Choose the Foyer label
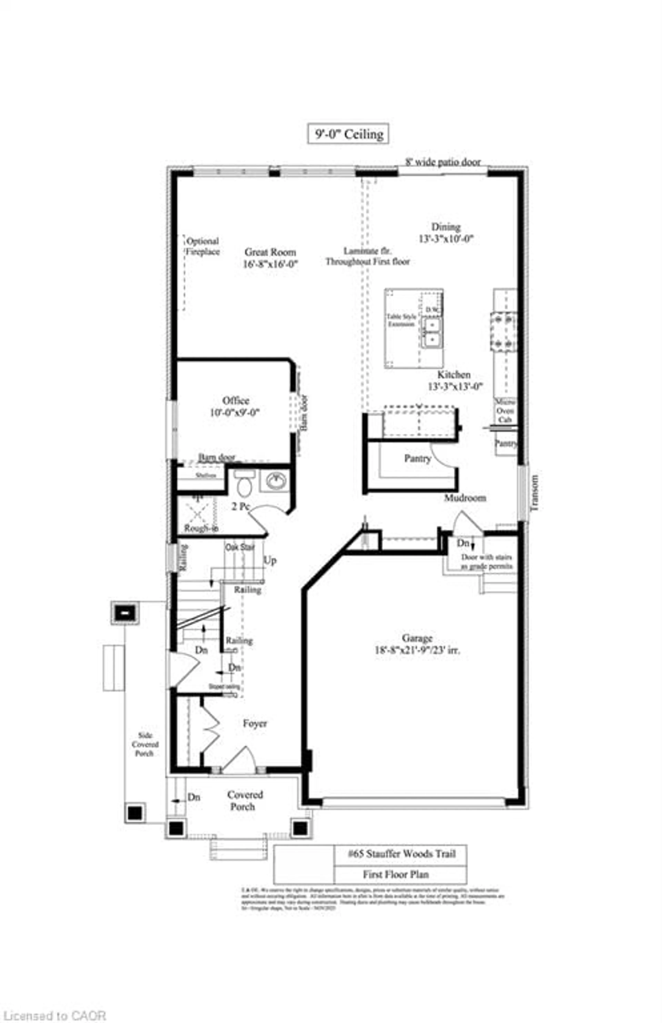255,723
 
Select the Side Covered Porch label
145,744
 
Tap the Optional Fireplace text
202,246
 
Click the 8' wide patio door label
443,162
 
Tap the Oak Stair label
240,547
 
